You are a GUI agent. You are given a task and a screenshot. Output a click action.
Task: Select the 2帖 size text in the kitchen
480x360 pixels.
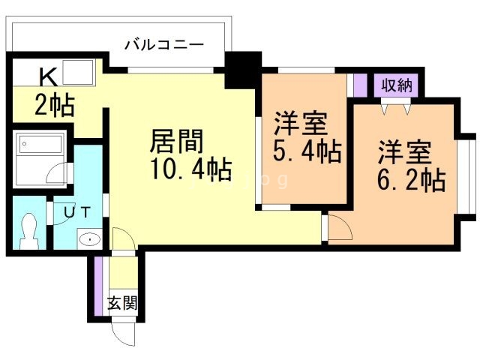55,105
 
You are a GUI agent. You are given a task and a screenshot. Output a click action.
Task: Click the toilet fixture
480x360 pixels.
30,229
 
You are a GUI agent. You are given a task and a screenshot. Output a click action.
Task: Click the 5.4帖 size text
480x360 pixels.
307,151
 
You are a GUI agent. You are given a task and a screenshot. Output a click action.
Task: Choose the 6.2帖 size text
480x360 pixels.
410,180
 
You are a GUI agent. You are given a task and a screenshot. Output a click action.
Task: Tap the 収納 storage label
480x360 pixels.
397,85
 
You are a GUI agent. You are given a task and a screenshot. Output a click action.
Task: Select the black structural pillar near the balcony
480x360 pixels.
243,69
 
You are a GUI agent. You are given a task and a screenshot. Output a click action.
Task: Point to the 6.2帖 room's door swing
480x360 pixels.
337,224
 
